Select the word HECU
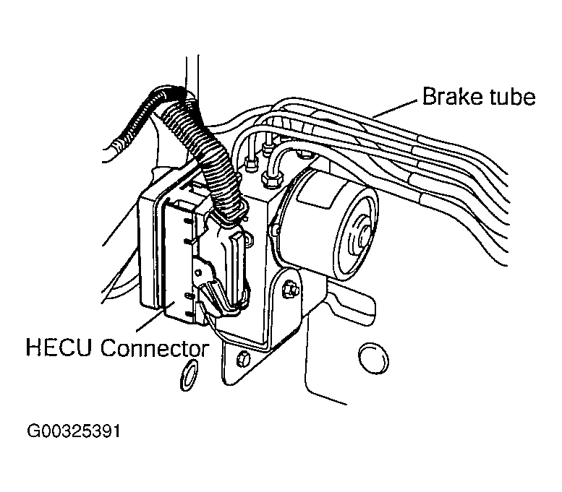[59, 348]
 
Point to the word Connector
[155, 348]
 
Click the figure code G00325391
[74, 431]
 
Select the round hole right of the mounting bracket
[373, 359]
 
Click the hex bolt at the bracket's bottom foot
[243, 359]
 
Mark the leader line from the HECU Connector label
[156, 316]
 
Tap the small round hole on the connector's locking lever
[197, 273]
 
